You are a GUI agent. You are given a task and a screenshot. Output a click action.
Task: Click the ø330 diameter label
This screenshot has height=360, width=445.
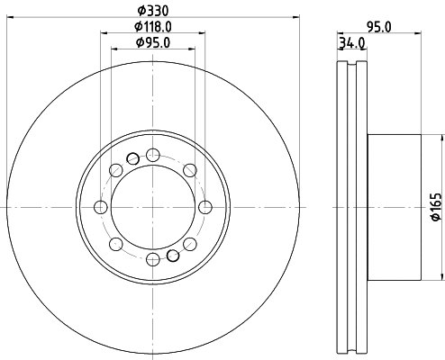(153, 10)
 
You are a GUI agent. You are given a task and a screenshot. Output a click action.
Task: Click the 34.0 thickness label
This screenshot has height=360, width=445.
(350, 41)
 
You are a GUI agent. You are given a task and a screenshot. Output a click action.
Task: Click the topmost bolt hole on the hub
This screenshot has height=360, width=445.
(153, 155)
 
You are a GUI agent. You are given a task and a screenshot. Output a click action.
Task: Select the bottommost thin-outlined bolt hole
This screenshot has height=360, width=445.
(153, 260)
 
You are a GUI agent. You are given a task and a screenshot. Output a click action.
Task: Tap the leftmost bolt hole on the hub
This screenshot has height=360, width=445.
(101, 208)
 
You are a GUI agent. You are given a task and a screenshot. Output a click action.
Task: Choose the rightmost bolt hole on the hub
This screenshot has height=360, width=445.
(205, 208)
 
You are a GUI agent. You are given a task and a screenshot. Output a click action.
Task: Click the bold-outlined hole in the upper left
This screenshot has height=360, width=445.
(133, 159)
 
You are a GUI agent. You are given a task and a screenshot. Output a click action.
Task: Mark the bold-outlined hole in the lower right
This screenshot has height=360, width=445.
(173, 256)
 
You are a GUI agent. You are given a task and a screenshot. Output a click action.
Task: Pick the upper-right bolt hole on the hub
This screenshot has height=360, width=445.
(190, 170)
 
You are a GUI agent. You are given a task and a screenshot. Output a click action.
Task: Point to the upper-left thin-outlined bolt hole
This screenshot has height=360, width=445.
(116, 170)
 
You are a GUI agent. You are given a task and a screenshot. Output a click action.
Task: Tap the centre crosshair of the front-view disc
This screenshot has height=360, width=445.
(153, 208)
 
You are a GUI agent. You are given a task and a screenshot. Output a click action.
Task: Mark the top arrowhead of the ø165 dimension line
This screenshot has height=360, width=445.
(441, 139)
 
